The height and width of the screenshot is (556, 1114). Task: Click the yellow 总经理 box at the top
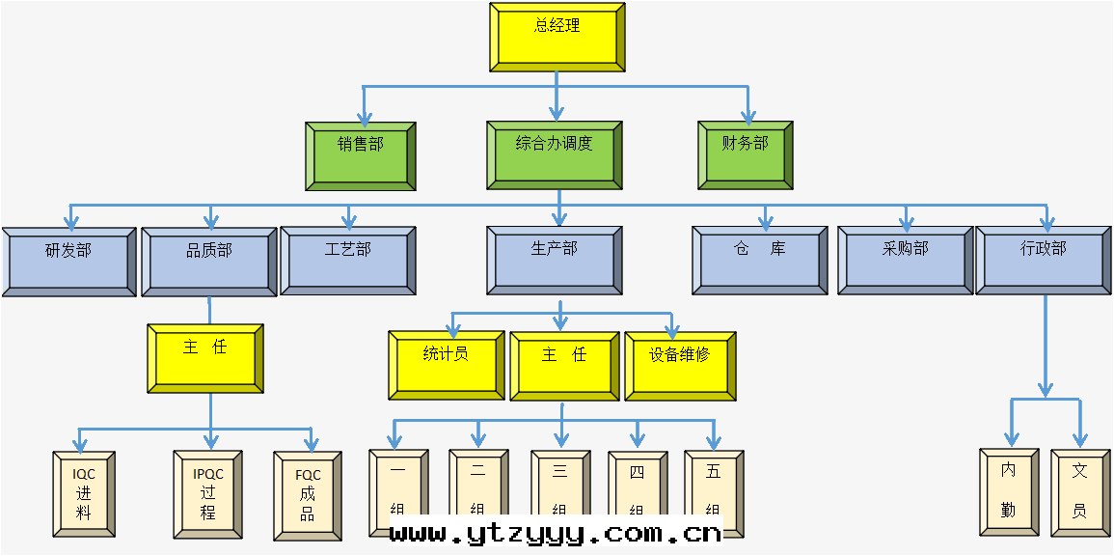pos(557,37)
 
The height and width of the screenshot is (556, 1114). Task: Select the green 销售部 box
pos(360,155)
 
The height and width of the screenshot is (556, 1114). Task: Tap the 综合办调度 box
pos(554,154)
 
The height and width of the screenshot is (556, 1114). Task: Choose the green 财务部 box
pos(745,154)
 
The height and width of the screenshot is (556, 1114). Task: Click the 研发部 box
pos(68,261)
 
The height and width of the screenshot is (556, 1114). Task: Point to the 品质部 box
pos(209,261)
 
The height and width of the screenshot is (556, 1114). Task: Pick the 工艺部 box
pos(347,260)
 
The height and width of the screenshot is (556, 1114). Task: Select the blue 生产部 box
pos(554,260)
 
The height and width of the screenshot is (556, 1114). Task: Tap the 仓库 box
pos(759,260)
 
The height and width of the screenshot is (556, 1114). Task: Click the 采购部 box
pos(905,260)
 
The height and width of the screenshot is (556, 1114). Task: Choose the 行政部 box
pos(1044,260)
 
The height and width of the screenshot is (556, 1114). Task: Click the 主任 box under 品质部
pos(205,358)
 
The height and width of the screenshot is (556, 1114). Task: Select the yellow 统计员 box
pos(446,365)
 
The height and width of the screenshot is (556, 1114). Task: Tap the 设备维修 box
pos(680,366)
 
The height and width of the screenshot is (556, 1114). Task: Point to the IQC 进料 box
pos(84,493)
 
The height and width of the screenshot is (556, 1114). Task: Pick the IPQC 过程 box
pos(207,494)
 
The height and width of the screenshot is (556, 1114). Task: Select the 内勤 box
pos(1009,491)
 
